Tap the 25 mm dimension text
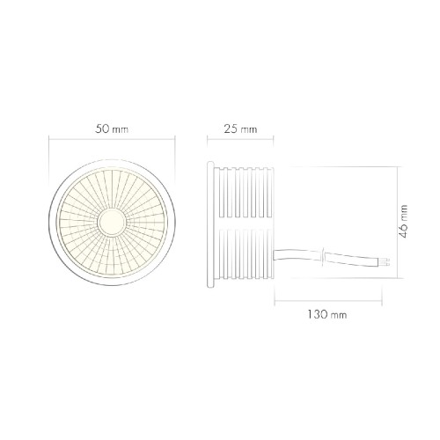[x=239, y=129]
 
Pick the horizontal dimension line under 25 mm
[x=239, y=140]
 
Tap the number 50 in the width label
[x=104, y=129]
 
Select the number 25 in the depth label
[x=231, y=129]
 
